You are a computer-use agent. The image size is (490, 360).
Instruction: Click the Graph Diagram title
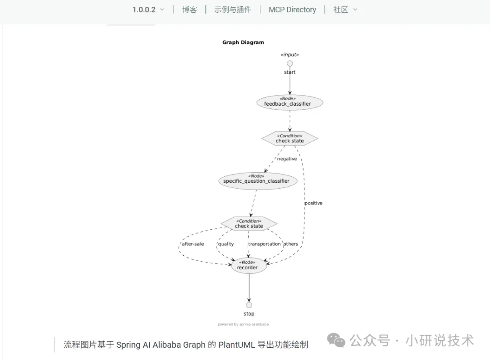[x=243, y=43]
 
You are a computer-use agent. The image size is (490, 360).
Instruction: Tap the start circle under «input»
[x=290, y=64]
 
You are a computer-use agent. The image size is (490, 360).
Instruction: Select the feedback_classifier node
[x=289, y=102]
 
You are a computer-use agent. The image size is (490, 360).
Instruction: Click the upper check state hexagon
[x=290, y=138]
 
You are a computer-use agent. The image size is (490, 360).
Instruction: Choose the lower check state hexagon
[x=249, y=224]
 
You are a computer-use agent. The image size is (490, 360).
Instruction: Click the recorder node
[x=248, y=266]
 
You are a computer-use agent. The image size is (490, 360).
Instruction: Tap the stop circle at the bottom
[x=249, y=305]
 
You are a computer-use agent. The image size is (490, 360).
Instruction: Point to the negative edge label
[x=287, y=159]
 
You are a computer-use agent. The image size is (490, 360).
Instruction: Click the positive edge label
[x=314, y=203]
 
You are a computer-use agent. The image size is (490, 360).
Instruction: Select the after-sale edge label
[x=193, y=244]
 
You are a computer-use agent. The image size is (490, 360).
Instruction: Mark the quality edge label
[x=226, y=244]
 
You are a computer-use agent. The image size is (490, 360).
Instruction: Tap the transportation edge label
[x=265, y=244]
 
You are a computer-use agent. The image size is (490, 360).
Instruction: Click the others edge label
[x=291, y=244]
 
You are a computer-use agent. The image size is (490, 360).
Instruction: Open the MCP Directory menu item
[x=292, y=10]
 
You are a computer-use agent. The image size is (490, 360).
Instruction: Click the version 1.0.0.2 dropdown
[x=148, y=10]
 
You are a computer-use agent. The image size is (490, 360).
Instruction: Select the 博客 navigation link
[x=190, y=10]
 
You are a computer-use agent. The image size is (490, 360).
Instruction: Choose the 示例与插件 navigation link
[x=233, y=10]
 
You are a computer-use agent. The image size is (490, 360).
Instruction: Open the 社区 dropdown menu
[x=345, y=10]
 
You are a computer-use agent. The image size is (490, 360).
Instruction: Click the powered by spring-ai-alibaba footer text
[x=243, y=325]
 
